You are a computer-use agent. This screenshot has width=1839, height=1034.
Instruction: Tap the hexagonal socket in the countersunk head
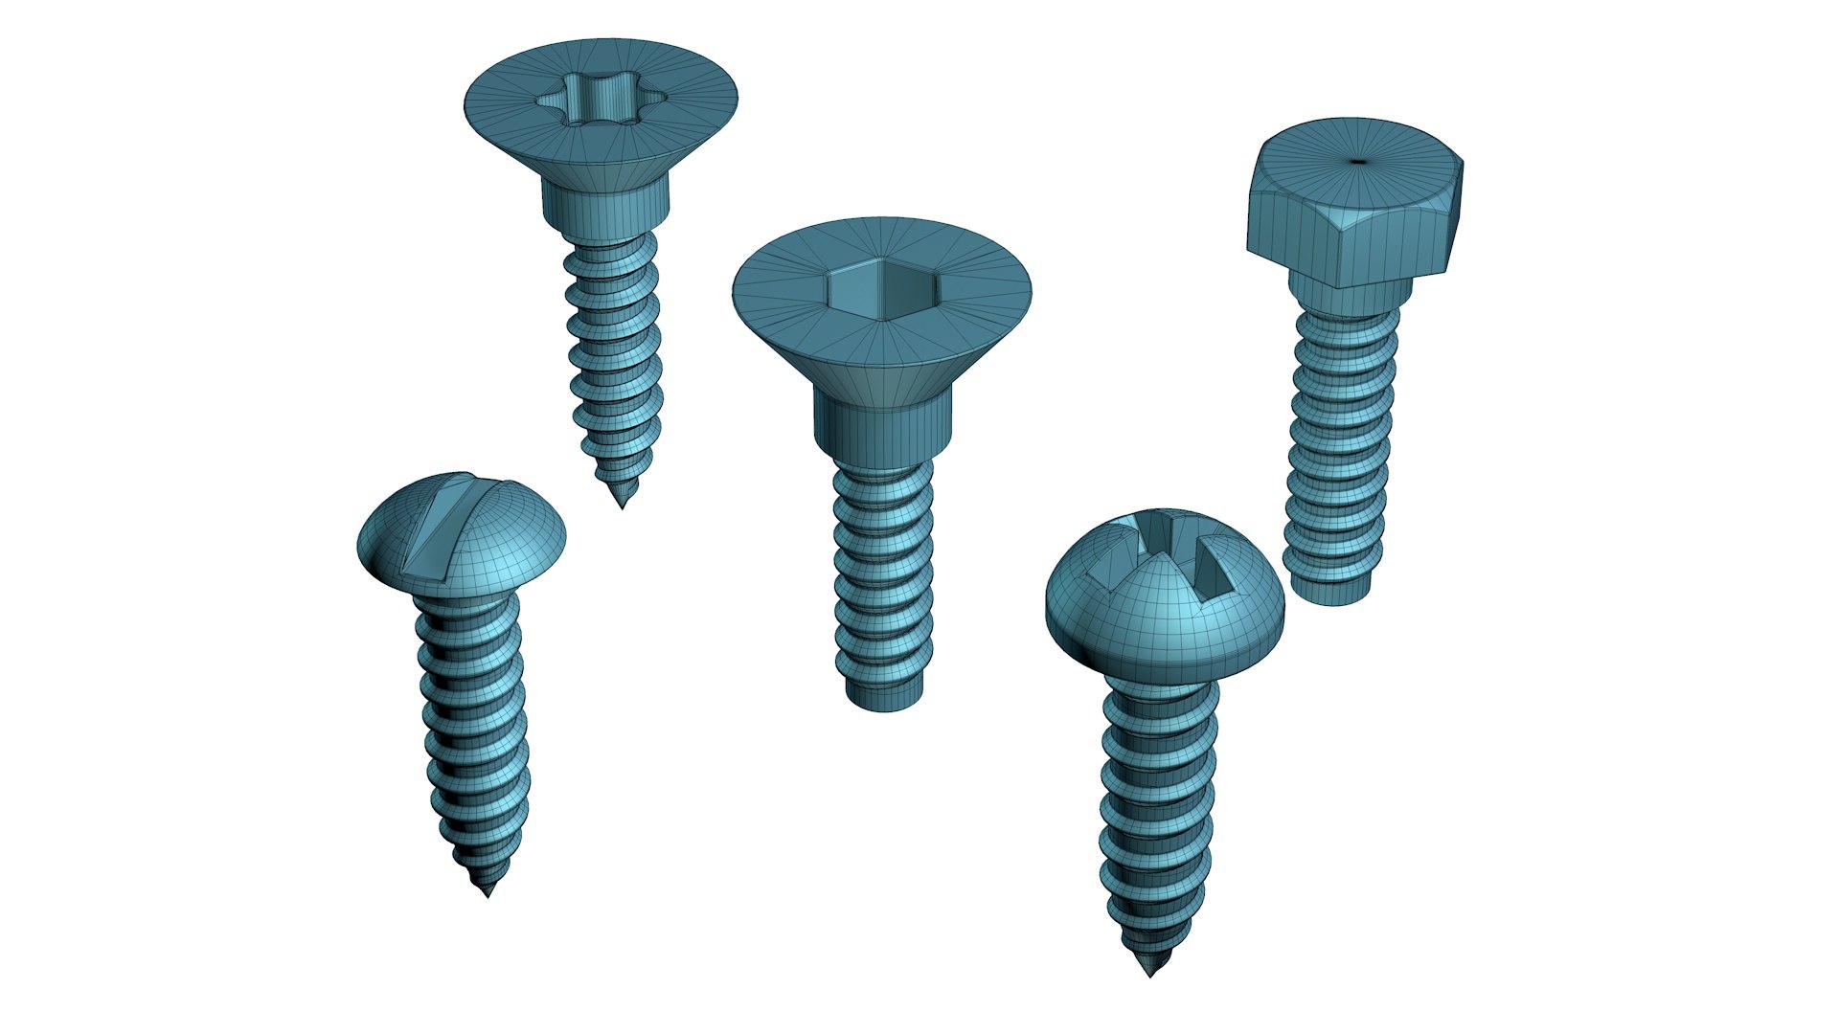pyautogui.click(x=882, y=287)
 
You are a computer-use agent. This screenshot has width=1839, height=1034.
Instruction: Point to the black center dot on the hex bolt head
pyautogui.click(x=1358, y=161)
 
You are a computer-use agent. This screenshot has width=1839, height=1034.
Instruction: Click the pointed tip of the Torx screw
pyautogui.click(x=623, y=504)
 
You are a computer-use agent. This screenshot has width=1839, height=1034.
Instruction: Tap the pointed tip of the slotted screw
pyautogui.click(x=488, y=892)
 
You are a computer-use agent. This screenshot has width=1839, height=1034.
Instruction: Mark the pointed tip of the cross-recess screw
pyautogui.click(x=1150, y=972)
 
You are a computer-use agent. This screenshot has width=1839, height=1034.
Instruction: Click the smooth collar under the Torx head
pyautogui.click(x=604, y=205)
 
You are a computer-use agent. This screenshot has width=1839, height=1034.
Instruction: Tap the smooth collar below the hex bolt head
pyautogui.click(x=1349, y=292)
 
